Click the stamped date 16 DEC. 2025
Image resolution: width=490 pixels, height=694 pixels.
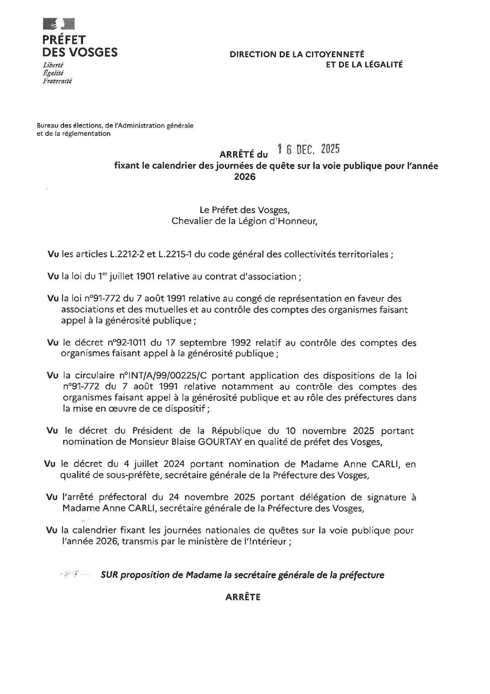pyautogui.click(x=309, y=149)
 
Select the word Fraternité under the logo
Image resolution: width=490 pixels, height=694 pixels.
pyautogui.click(x=57, y=81)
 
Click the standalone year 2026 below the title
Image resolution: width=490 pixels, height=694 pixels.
pyautogui.click(x=245, y=176)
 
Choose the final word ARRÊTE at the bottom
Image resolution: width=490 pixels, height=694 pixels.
pyautogui.click(x=243, y=597)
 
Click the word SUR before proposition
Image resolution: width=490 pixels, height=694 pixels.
pyautogui.click(x=109, y=575)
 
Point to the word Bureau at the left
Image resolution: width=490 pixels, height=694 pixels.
pyautogui.click(x=47, y=126)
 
